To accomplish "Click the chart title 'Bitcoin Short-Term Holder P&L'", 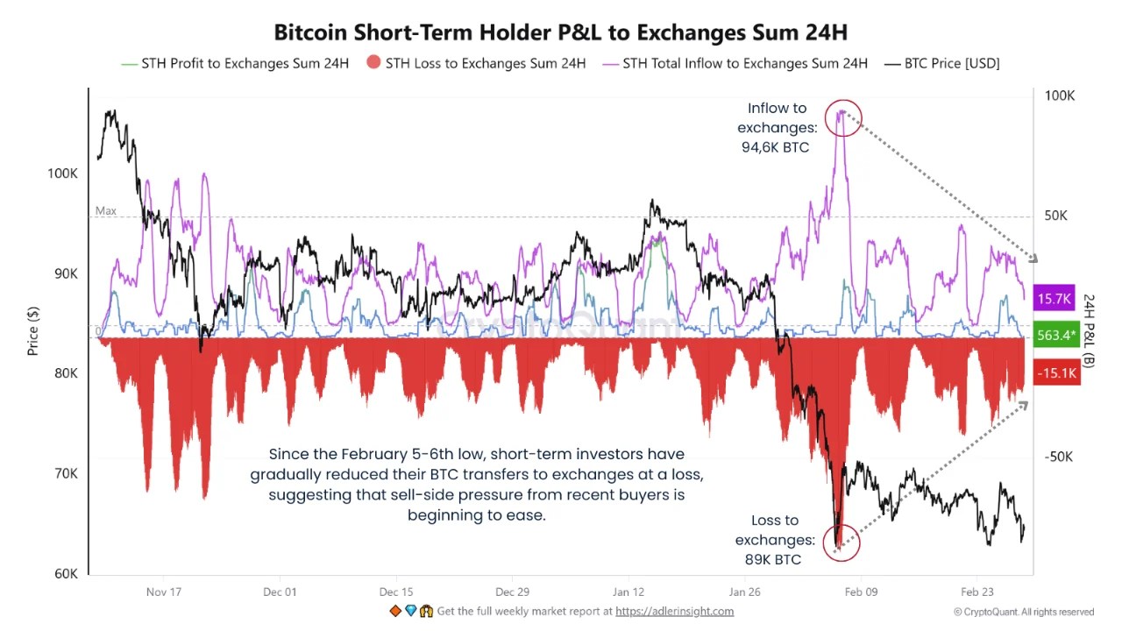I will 560,32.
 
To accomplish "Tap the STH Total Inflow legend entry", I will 744,63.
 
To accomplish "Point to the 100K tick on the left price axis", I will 62,174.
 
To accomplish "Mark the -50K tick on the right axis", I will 1059,457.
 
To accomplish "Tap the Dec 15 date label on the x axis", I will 396,592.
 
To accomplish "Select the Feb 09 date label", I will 861,592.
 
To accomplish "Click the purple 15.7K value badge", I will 1055,299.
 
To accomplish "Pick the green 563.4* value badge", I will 1055,336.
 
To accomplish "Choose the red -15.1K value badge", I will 1055,373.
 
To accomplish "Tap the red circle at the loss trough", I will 841,543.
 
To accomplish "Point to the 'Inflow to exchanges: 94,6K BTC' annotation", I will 776,128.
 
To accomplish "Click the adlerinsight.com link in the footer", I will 674,611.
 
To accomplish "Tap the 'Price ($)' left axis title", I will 32,331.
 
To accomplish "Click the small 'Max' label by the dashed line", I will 105,211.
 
